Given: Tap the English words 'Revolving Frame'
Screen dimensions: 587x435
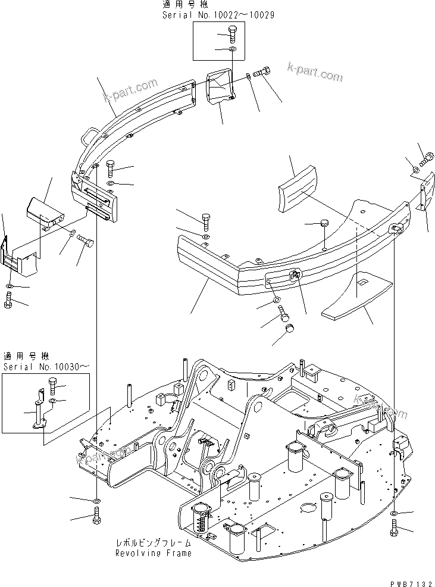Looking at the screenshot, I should (154, 553).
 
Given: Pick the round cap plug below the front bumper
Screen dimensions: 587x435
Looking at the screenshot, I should (289, 329).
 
